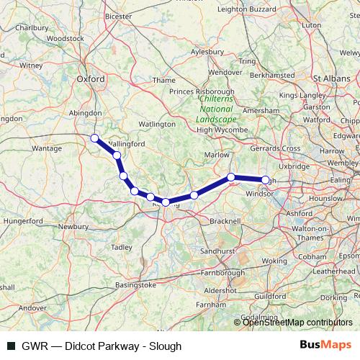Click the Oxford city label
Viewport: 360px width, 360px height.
click(91, 79)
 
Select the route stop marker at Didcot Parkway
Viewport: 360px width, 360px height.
click(94, 138)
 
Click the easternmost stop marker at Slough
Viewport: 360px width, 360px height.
click(265, 180)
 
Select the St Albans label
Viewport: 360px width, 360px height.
click(331, 76)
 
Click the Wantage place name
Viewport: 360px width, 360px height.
click(47, 148)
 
